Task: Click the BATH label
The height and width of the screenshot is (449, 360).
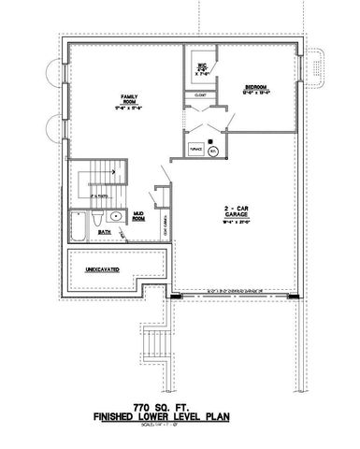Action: [105, 233]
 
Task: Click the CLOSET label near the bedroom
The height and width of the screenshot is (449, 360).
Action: [200, 94]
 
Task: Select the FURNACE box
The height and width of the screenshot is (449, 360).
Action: [196, 149]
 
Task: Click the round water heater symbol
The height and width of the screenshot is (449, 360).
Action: [213, 149]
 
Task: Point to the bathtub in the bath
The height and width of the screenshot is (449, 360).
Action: [78, 226]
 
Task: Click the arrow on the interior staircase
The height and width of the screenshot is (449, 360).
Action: [107, 171]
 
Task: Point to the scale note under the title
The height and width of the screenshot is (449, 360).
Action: [180, 431]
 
